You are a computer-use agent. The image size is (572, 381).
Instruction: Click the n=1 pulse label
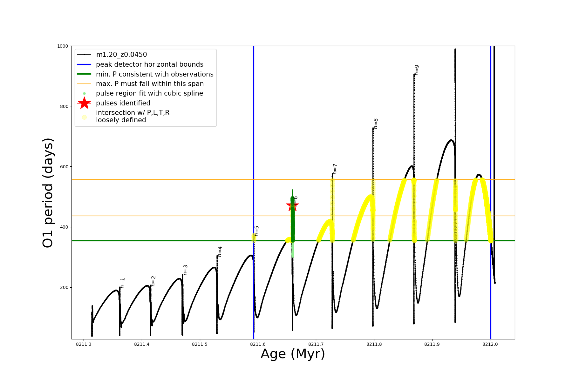pos(123,283)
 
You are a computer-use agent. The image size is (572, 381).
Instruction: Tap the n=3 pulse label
pos(186,270)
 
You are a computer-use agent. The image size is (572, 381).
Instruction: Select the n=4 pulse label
pos(220,251)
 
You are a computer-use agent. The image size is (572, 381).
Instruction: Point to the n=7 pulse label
pos(335,169)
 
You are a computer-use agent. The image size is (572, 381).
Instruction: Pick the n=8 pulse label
pos(376,124)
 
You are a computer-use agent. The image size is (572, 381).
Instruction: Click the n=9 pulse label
pos(417,70)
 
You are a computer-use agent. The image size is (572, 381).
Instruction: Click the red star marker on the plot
pos(292,206)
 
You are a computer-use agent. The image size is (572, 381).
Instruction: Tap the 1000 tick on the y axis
pos(63,46)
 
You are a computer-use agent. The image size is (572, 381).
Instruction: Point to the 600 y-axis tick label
pos(64,167)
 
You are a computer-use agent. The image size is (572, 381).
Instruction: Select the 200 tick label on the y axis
pos(64,287)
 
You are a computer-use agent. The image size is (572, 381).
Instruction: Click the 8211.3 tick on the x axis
pos(84,344)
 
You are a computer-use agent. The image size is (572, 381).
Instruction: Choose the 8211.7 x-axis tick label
pos(316,344)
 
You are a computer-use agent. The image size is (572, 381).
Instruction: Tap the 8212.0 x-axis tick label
pos(490,344)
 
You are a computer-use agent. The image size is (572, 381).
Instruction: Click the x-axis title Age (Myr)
pos(293,354)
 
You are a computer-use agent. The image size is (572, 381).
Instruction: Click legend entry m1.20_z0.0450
pos(121,55)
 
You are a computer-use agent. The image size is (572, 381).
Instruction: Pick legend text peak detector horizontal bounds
pos(149,64)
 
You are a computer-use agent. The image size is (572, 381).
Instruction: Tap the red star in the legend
pos(84,103)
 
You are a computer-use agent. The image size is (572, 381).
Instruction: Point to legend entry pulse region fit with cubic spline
pos(149,93)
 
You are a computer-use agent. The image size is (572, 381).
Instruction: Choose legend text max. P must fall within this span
pos(150,84)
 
